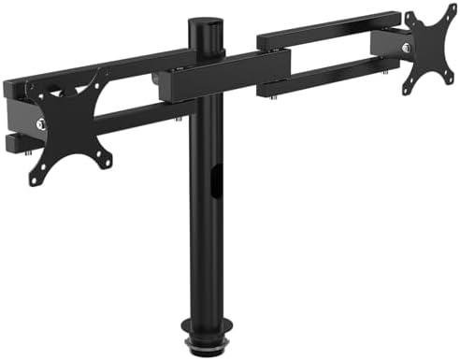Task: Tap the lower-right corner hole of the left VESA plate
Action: (107, 156)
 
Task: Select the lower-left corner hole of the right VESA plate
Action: (409, 91)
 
